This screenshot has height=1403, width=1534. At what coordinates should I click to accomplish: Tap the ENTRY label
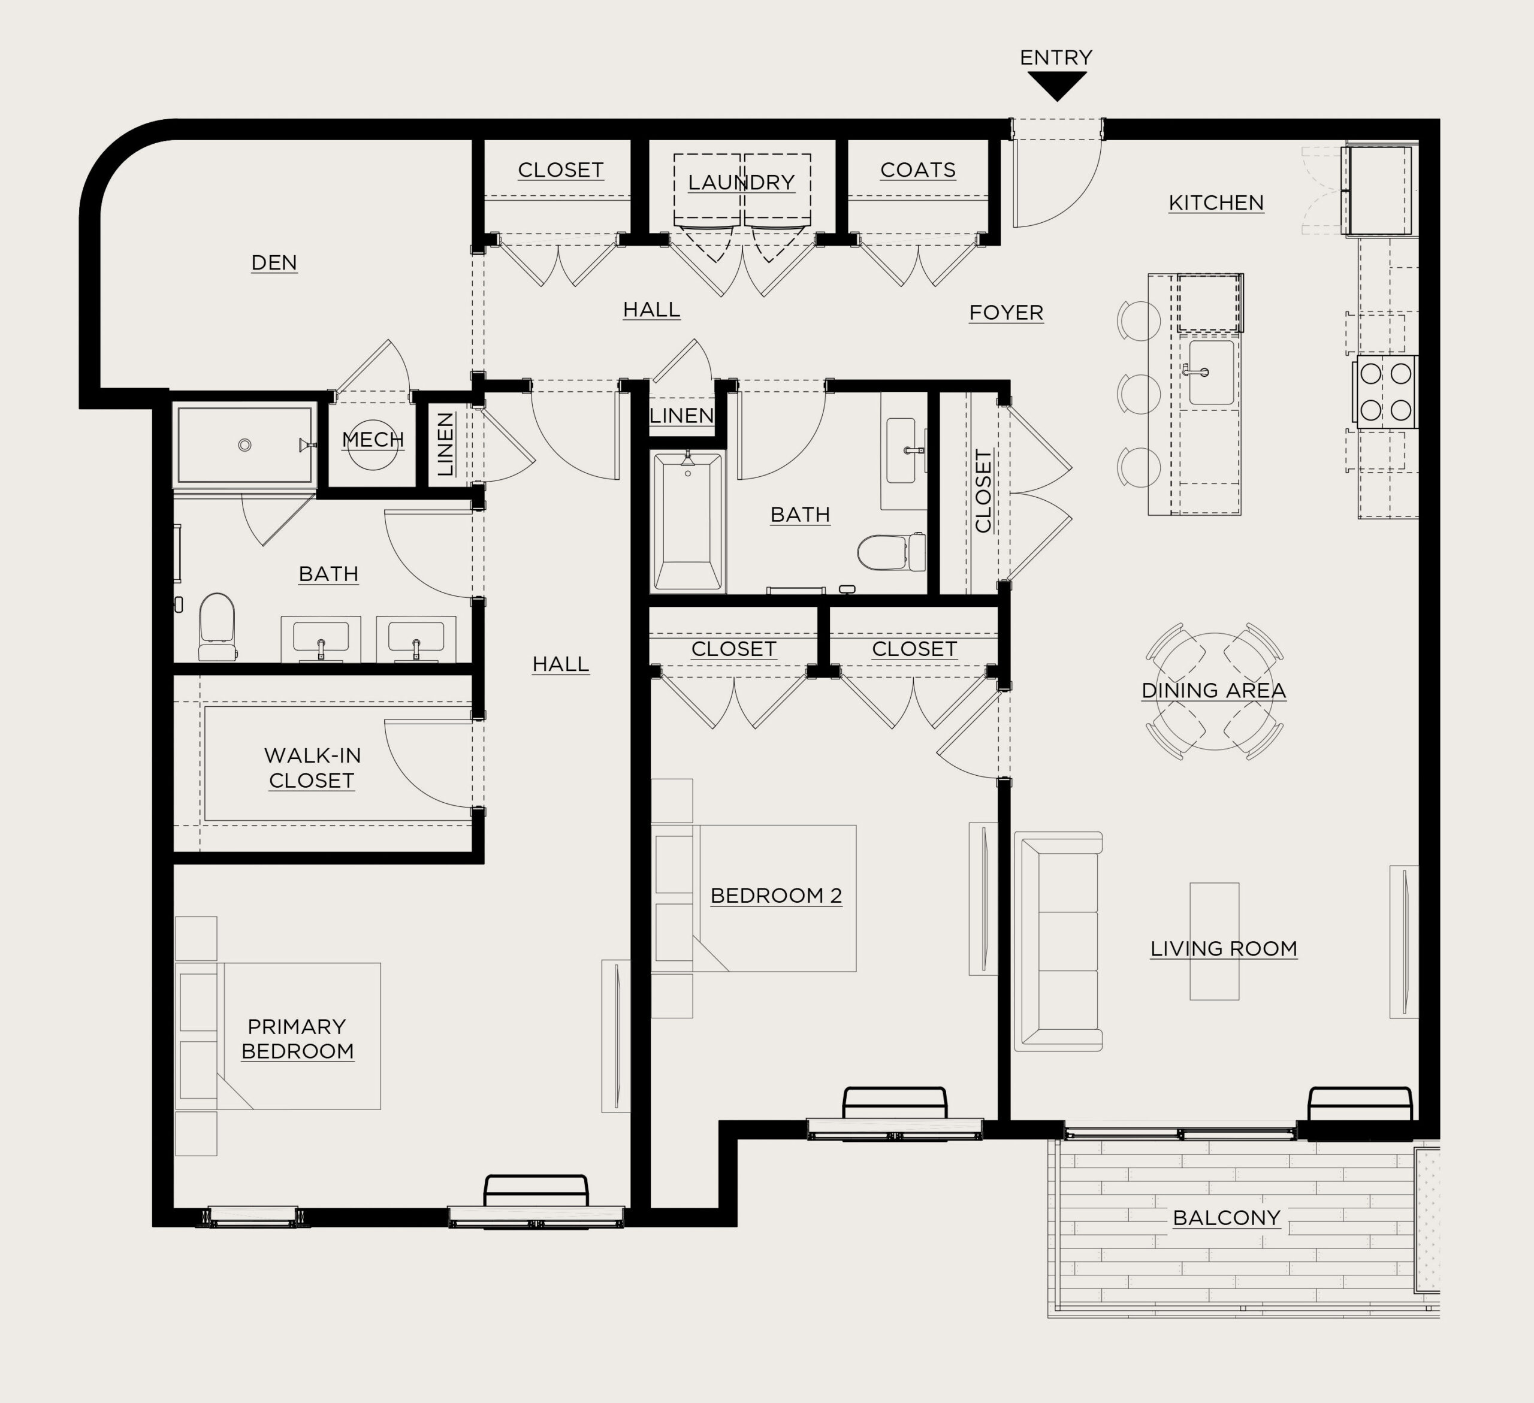(x=1056, y=57)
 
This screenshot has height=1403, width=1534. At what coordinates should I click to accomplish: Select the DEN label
(x=274, y=262)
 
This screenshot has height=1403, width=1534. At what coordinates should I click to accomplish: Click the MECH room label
(x=373, y=439)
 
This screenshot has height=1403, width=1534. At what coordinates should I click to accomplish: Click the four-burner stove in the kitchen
(x=1385, y=392)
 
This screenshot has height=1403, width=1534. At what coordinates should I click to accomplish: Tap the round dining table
(x=1215, y=691)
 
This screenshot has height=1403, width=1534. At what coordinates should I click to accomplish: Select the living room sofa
(x=1058, y=941)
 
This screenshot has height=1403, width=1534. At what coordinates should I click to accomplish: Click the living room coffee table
(x=1215, y=941)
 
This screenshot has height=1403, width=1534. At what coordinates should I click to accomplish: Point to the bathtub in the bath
(x=688, y=521)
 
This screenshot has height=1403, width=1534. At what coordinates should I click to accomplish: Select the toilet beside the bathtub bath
(x=891, y=552)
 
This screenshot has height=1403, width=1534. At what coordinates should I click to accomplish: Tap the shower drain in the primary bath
(x=244, y=445)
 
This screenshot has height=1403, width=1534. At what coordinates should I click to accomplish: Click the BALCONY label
(x=1227, y=1218)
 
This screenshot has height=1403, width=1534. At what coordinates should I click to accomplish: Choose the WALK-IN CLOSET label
(x=312, y=767)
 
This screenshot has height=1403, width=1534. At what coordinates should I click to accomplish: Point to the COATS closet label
(x=917, y=170)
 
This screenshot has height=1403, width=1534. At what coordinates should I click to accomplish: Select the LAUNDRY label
(x=741, y=183)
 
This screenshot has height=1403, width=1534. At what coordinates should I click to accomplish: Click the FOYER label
(x=1006, y=313)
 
